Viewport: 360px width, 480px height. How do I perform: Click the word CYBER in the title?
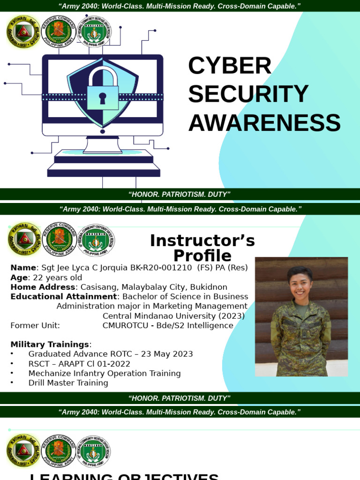[230, 66]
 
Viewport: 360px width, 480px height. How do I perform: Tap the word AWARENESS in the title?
[264, 123]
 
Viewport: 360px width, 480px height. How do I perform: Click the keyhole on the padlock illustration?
[103, 98]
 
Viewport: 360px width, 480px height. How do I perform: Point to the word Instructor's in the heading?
[202, 241]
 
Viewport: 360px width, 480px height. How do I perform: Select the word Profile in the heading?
[202, 256]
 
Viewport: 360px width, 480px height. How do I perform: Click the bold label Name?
[23, 268]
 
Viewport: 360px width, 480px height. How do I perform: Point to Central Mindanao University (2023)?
[173, 316]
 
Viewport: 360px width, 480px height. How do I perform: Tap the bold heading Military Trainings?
[50, 345]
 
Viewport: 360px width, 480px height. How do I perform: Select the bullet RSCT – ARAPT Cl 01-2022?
[79, 364]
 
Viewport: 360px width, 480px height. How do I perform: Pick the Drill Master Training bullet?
[68, 383]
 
